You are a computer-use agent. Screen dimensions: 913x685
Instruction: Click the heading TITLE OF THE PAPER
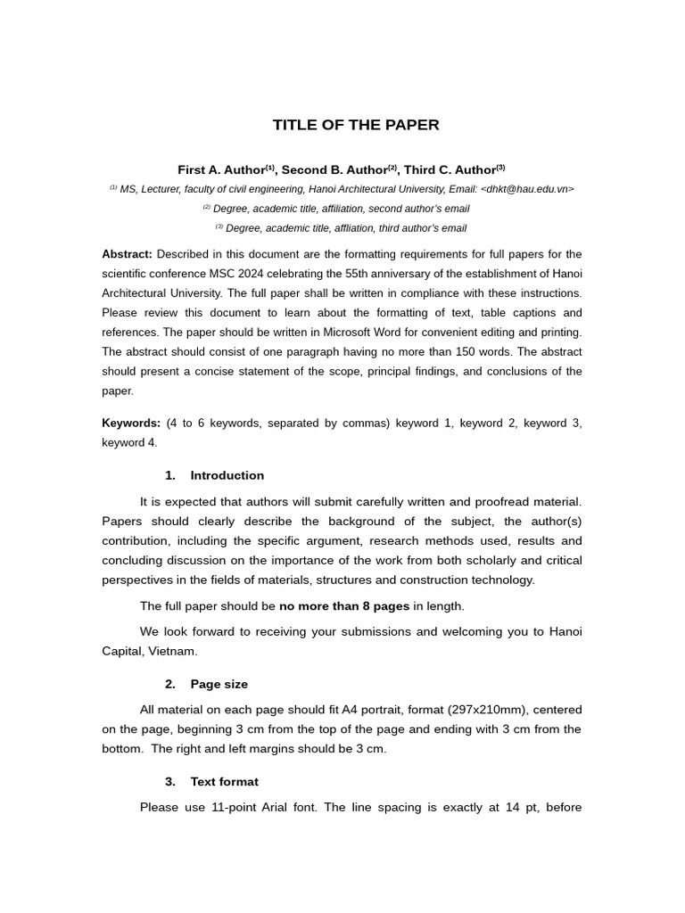(356, 125)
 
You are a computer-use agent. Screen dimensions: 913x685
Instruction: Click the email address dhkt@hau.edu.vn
(526, 189)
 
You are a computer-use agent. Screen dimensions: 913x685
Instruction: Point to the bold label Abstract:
(127, 254)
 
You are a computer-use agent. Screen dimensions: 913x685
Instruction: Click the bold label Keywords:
(131, 423)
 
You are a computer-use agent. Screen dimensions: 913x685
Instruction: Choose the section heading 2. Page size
(206, 684)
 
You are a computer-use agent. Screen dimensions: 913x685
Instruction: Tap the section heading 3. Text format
(211, 781)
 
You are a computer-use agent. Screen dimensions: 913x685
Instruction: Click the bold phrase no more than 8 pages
(344, 606)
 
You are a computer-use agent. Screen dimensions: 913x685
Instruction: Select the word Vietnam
(172, 651)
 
